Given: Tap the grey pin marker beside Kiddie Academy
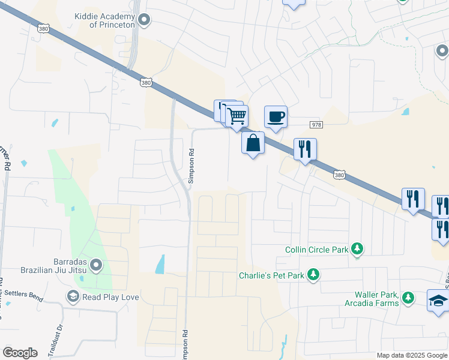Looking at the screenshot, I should point(144,21).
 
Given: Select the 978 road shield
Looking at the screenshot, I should point(317,124).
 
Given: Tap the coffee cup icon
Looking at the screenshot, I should point(276,116).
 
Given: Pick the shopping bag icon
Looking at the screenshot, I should point(253,143).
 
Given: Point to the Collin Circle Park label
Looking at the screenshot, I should point(316,249).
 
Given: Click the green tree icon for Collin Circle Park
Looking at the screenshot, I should point(358,249).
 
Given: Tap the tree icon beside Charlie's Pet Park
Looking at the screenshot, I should point(313,275).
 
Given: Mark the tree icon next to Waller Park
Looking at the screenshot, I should point(408,298).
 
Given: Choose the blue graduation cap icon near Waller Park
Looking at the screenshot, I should point(438,300).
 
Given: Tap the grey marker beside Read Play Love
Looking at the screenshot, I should point(73,297).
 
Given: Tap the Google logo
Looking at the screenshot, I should point(20,353).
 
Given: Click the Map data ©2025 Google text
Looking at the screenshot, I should point(412,355).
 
